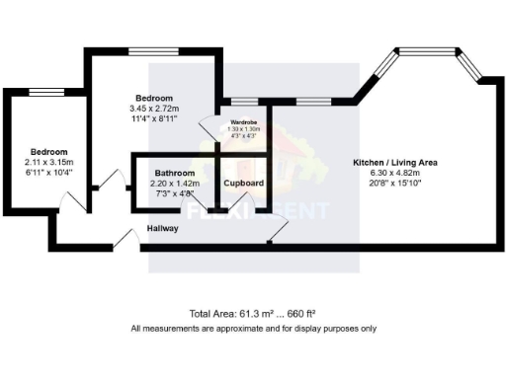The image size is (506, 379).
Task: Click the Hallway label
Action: (162, 228)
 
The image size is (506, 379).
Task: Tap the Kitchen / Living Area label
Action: (395, 161)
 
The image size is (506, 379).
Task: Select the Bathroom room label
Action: (174, 172)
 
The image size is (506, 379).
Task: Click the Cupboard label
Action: (243, 184)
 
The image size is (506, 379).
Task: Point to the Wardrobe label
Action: (243, 121)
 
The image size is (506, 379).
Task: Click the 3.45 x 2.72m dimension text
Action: (154, 109)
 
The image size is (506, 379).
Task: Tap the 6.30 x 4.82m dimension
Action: (395, 172)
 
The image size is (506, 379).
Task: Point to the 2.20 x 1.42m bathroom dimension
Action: (174, 183)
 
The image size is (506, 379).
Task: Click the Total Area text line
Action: (253, 312)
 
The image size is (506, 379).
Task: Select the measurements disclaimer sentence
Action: (253, 329)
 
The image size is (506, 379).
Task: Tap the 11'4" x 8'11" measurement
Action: (154, 118)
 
